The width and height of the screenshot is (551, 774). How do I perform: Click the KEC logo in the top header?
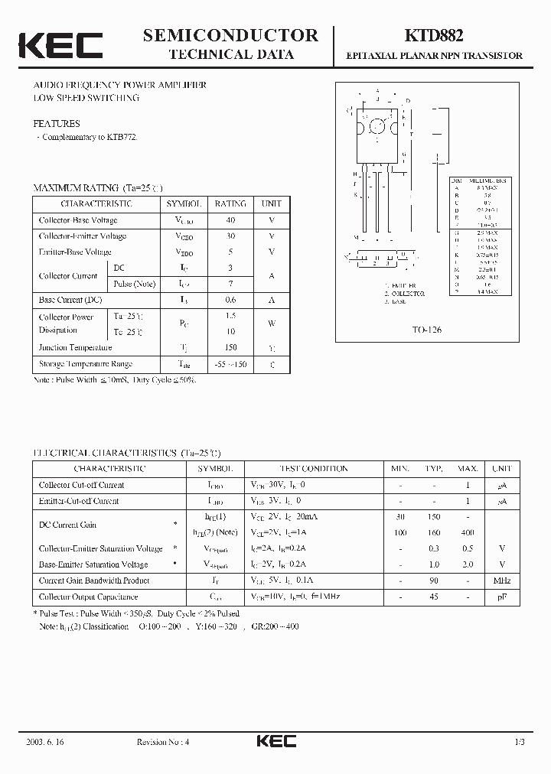60,45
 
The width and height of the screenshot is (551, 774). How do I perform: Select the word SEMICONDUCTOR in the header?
230,35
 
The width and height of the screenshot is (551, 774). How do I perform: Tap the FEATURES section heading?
56,123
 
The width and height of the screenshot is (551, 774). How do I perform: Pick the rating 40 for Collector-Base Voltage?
230,220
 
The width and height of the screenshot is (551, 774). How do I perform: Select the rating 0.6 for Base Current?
230,300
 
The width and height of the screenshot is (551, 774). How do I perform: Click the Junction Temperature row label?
75,347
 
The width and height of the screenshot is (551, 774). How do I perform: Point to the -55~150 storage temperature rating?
230,364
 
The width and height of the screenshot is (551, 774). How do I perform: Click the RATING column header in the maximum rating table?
230,204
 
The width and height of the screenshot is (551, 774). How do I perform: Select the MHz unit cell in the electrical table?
502,580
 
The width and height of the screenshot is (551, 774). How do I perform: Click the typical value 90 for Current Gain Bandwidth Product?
434,580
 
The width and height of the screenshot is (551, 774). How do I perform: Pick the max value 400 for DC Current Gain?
468,532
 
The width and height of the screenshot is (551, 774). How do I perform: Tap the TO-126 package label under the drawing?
425,330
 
